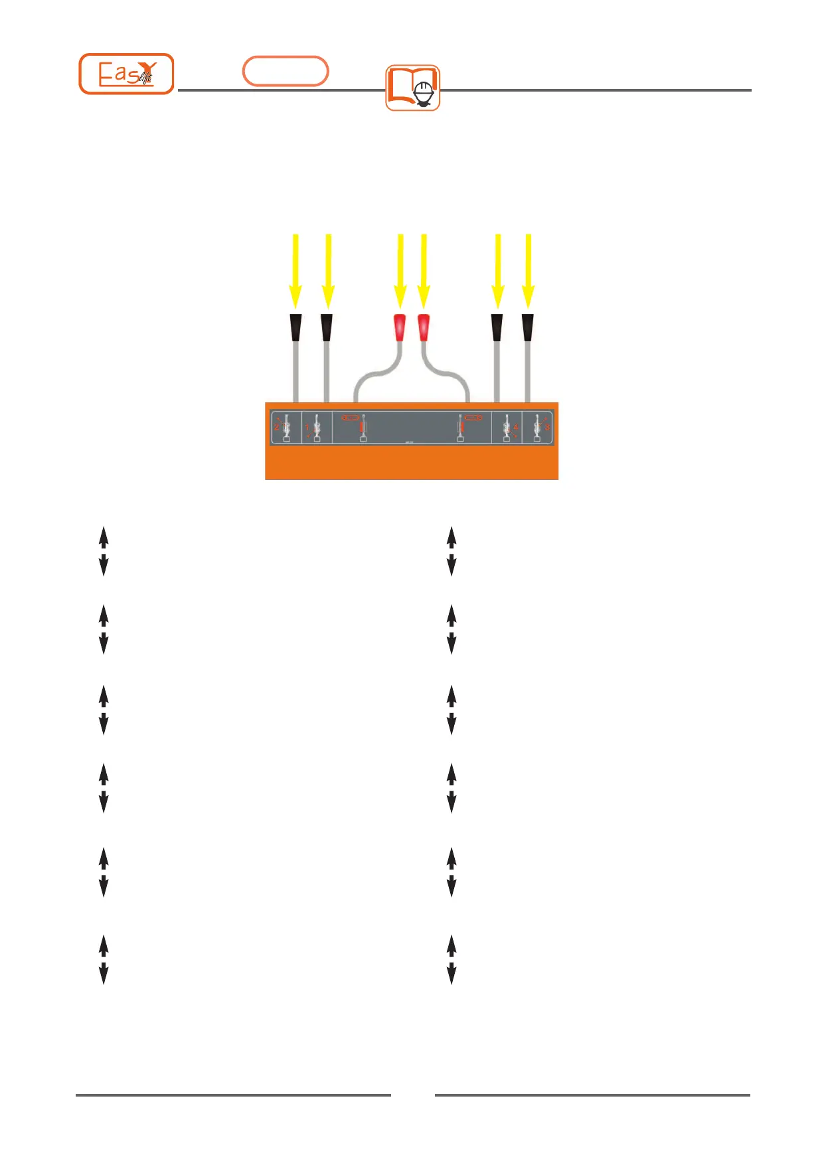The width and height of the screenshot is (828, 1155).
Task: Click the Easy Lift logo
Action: click(126, 74)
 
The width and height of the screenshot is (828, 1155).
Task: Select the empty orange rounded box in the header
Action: click(286, 71)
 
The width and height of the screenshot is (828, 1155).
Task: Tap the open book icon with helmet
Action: click(413, 88)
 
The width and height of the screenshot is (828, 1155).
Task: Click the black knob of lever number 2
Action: click(295, 327)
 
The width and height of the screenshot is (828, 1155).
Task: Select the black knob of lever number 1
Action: click(327, 327)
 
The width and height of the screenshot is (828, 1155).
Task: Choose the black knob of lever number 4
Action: click(497, 327)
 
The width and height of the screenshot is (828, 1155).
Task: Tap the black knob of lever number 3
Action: click(528, 327)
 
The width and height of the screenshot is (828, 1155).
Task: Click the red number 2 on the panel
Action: click(277, 426)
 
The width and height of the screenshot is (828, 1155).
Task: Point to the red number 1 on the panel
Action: click(307, 428)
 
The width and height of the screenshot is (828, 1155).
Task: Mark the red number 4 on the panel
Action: click(516, 427)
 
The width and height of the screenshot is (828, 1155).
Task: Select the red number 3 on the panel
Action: click(548, 427)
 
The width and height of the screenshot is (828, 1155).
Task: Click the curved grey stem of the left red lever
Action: click(372, 376)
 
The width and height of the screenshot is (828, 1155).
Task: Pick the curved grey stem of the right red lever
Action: click(452, 376)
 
